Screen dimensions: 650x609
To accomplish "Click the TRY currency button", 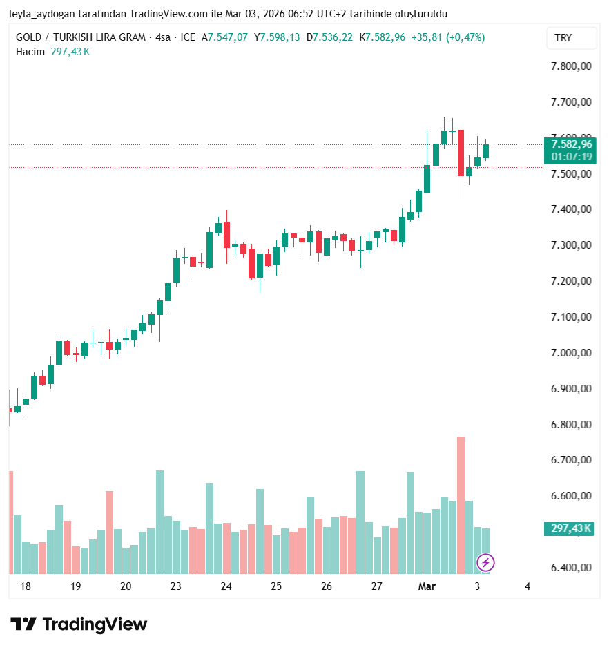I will pos(563,38).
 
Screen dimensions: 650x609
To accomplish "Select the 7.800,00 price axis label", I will pos(572,66).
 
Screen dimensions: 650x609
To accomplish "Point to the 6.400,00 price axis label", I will pos(572,568).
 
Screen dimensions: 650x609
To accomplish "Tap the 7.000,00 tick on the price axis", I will pos(572,353).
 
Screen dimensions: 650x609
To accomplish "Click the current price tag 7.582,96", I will pos(572,144).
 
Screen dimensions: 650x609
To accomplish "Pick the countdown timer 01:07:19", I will pos(572,157).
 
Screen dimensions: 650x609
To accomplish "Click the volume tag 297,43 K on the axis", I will pos(571,528).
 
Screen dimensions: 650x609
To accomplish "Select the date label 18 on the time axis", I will pos(26,586).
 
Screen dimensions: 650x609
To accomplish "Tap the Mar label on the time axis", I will pos(427,586).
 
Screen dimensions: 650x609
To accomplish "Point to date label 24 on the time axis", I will pos(226,586).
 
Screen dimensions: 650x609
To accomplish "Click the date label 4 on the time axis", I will pos(528,586).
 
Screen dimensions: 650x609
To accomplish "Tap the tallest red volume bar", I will pos(461,504).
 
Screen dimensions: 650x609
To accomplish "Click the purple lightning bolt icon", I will pos(485,562).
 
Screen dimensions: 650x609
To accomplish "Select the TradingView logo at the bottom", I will pos(79,624).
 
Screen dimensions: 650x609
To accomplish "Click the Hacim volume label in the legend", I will pos(30,51).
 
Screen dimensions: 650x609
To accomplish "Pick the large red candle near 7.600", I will pos(461,153).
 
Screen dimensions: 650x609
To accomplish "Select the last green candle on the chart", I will pos(485,151).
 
